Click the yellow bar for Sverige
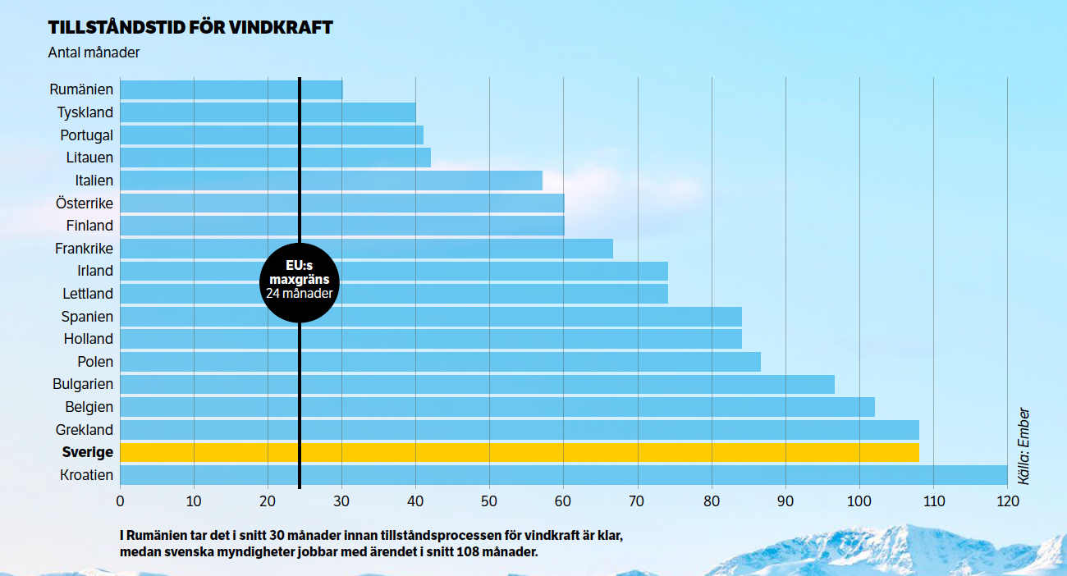tap(519, 452)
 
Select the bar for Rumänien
tap(231, 89)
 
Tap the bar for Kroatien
tap(563, 475)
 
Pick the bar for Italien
tap(331, 181)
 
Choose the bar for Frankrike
tap(366, 249)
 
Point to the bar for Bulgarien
tap(477, 384)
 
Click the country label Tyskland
tap(85, 112)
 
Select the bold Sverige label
tap(88, 452)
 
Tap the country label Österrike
tap(85, 203)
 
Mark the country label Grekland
tap(85, 429)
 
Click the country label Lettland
tap(88, 293)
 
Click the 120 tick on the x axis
tap(1007, 501)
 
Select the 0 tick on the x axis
tap(120, 501)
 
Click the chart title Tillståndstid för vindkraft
tap(190, 27)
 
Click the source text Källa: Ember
tap(1023, 446)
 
